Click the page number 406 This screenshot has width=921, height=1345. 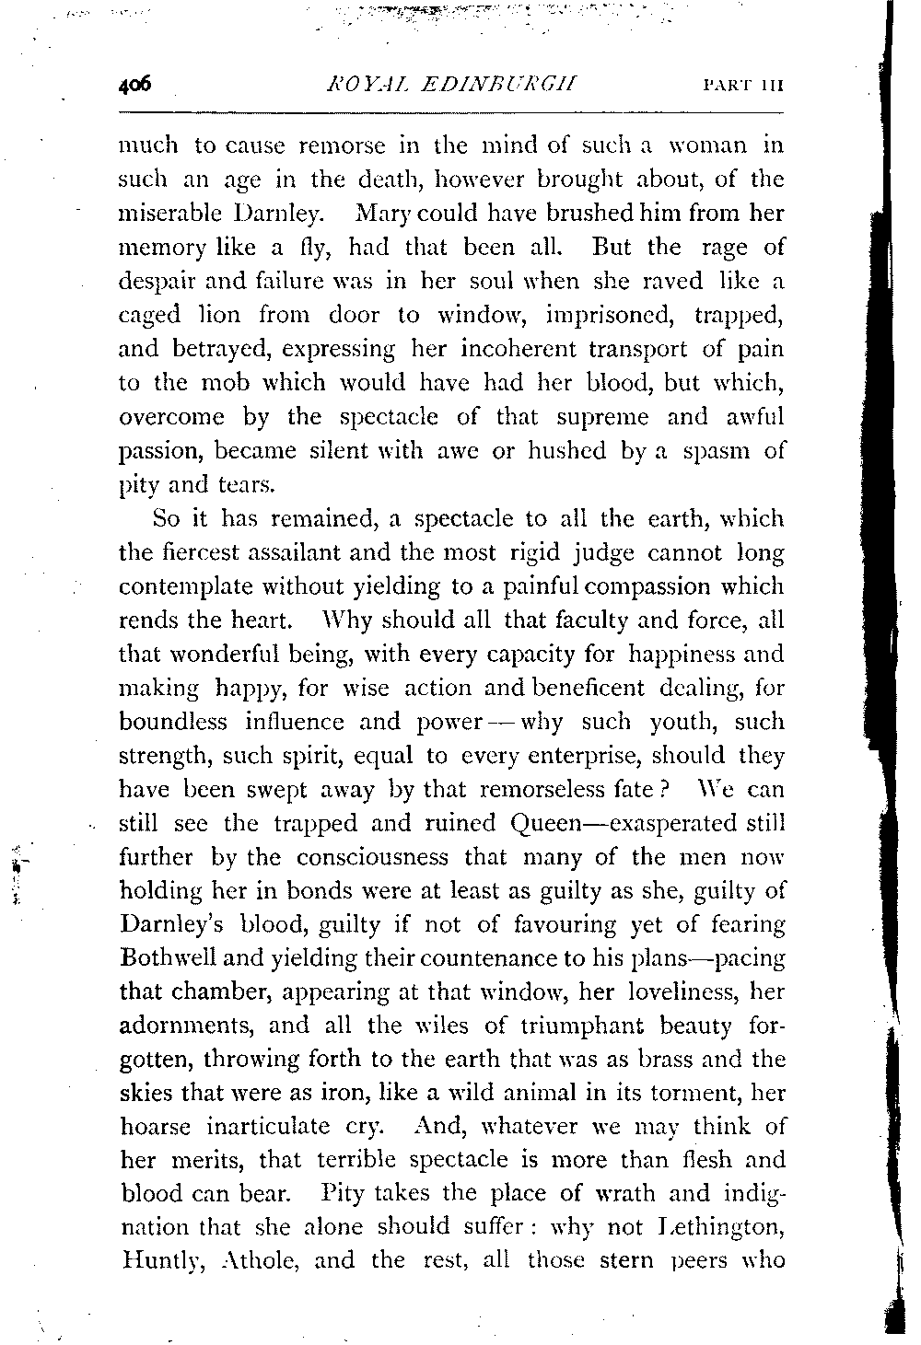[134, 87]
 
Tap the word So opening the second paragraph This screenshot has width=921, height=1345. [167, 518]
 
